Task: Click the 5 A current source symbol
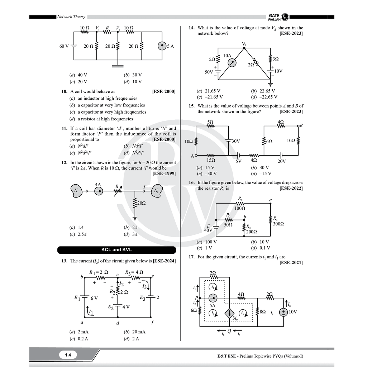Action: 162,46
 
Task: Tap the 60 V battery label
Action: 64,46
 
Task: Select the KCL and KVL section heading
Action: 116,250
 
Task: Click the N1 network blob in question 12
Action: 76,191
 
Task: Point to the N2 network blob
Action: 157,191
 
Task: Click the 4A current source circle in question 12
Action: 99,191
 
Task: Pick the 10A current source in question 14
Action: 232,63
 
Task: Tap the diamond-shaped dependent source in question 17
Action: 229,313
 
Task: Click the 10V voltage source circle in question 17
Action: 283,312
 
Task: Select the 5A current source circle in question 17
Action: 213,298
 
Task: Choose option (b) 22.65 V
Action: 263,91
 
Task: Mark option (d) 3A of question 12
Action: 130,234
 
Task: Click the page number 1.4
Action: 68,355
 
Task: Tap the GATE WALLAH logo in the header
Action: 278,17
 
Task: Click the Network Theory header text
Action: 71,16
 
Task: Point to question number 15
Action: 191,106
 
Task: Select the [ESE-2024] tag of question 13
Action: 164,261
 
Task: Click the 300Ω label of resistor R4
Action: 278,224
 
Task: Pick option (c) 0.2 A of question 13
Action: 79,339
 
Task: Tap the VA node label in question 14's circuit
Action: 244,44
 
